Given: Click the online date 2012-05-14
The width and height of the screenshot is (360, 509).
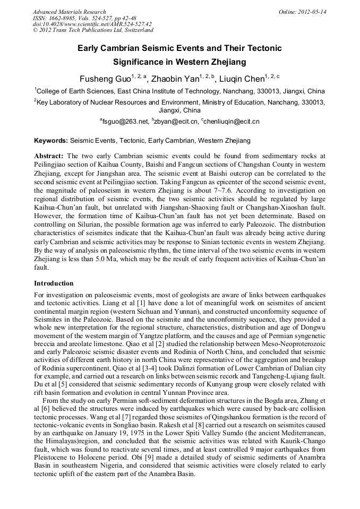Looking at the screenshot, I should [312, 12].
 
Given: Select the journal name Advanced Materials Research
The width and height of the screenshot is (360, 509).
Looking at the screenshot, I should [69, 12].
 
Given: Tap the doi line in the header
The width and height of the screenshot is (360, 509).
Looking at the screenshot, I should [92, 24].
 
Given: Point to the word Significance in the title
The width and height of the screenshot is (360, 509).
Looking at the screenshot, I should [139, 62].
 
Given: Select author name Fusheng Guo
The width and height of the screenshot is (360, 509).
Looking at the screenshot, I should [106, 79].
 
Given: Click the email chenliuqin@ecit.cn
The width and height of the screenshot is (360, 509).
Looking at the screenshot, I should [232, 122].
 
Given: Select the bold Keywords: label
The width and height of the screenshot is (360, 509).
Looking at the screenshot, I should [51, 141].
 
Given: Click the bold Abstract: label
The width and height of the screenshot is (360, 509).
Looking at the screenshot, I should [49, 157].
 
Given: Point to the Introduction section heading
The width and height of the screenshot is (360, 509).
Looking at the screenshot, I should [54, 283].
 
